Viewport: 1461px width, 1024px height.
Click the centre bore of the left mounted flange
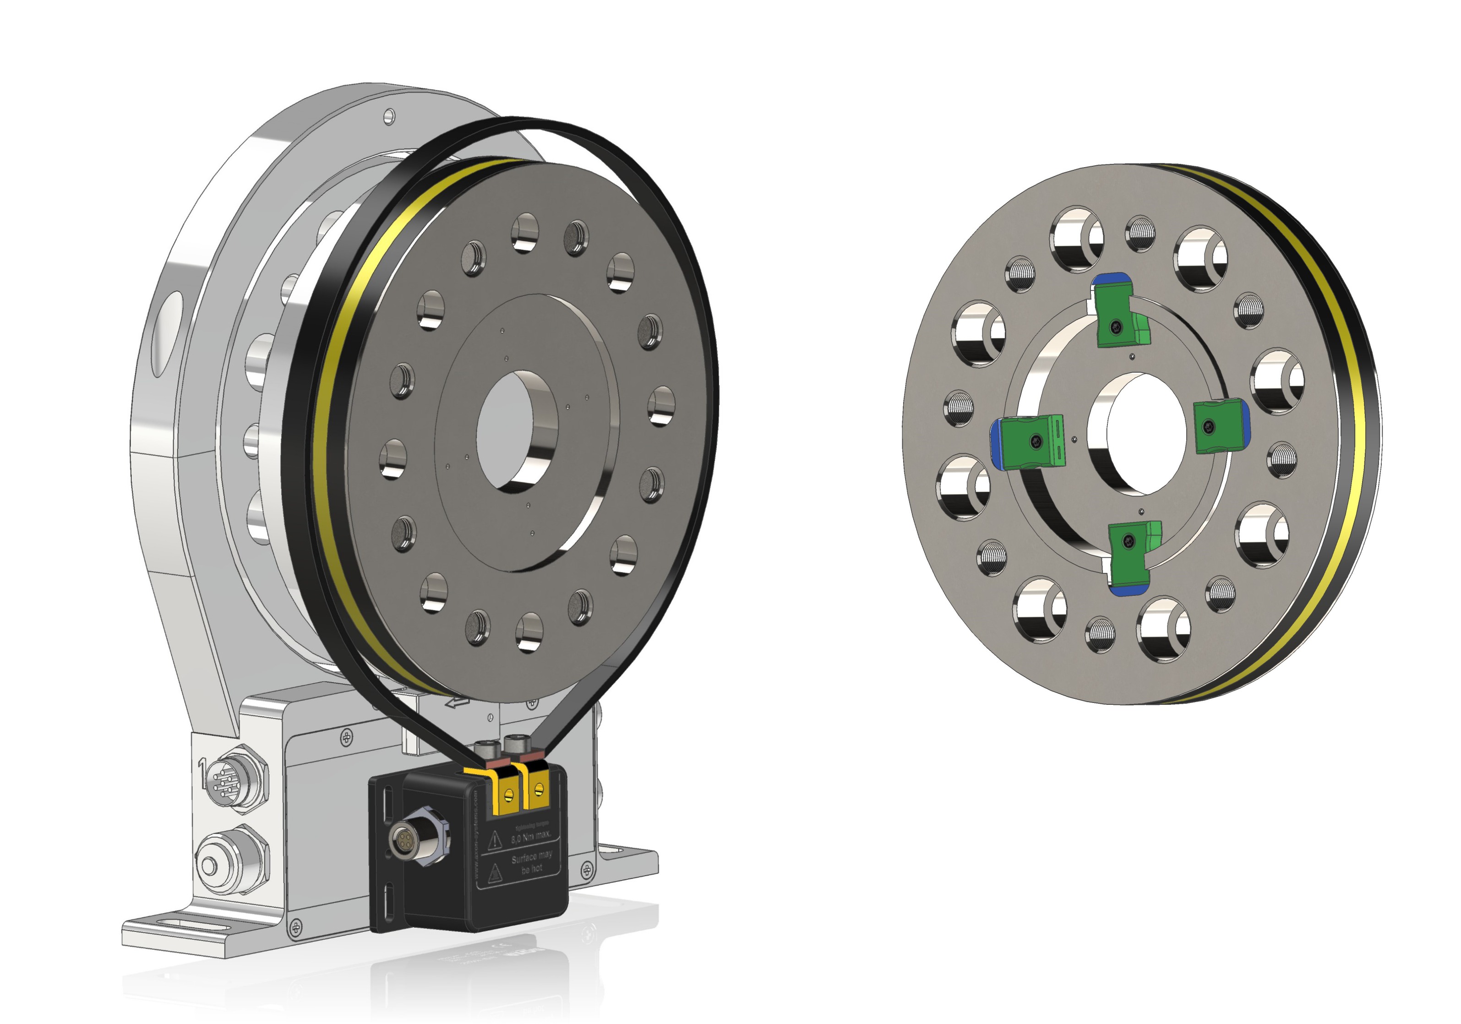coord(518,432)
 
